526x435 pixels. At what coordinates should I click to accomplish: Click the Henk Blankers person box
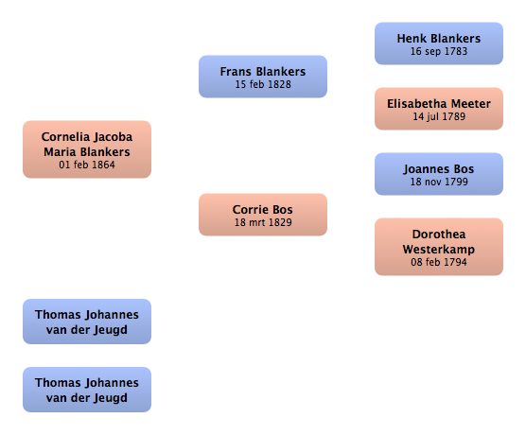(x=439, y=43)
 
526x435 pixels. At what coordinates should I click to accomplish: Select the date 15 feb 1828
(x=263, y=84)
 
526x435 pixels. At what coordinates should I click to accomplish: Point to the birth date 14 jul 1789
(x=439, y=116)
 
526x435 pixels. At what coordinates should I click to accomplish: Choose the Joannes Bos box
(x=439, y=174)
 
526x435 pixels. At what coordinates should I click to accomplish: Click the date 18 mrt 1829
(x=263, y=222)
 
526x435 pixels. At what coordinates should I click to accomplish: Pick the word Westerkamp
(x=439, y=250)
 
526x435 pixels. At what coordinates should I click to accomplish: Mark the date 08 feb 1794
(x=439, y=262)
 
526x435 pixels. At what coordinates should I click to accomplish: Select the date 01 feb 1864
(x=87, y=165)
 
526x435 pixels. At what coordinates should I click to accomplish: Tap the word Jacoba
(x=113, y=137)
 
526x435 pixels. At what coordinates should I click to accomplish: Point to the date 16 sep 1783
(x=439, y=51)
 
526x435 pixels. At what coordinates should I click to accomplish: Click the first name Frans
(x=236, y=72)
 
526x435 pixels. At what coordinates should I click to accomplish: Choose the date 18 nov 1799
(x=439, y=182)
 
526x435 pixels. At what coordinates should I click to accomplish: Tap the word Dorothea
(x=439, y=235)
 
